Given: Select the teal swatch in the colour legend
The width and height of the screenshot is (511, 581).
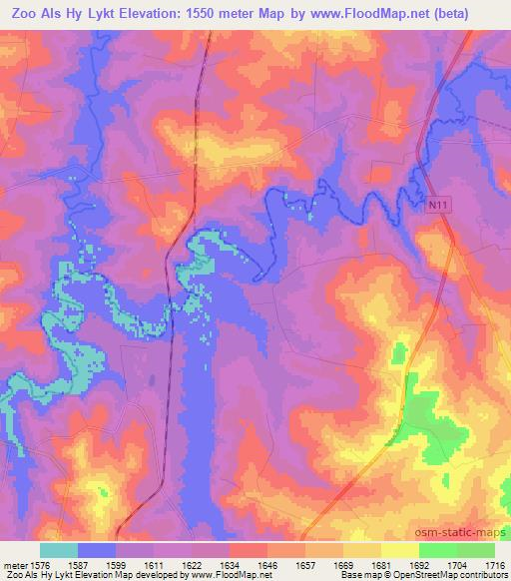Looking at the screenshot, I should click(x=59, y=550).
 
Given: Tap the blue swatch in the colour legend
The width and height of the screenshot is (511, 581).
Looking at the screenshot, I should click(x=97, y=550).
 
